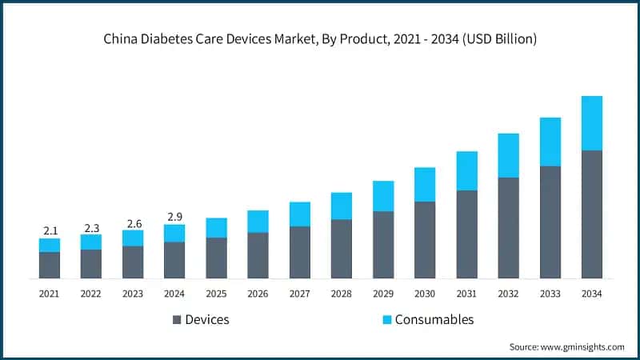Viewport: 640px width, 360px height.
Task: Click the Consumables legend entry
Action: coord(427,319)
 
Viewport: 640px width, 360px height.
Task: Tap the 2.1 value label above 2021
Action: coord(50,230)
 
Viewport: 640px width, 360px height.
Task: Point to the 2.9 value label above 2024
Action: coord(174,216)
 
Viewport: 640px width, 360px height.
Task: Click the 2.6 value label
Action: coord(133,222)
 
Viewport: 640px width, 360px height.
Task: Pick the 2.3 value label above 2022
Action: coord(91,226)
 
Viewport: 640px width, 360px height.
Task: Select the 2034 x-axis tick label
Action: coord(591,294)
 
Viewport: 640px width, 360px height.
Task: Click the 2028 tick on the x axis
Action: coord(342,294)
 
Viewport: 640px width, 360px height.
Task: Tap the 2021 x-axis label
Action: coord(50,294)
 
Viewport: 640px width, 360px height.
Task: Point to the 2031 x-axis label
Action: coord(466,294)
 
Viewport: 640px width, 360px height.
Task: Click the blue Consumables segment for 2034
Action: coord(591,123)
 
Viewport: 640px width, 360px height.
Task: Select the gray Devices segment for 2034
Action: coord(591,214)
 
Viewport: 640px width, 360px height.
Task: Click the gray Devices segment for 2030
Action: coord(425,240)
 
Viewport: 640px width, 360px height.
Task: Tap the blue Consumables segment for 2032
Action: coord(508,155)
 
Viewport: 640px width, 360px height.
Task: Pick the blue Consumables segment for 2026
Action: coord(258,222)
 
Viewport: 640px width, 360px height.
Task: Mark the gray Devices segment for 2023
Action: coord(133,262)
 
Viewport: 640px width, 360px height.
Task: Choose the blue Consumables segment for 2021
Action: coord(50,245)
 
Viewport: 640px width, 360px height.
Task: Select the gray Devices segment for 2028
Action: coord(342,249)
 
